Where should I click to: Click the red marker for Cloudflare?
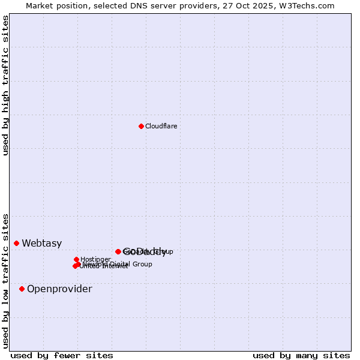point(141,126)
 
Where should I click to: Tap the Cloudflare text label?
point(161,126)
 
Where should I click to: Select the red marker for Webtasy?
point(17,243)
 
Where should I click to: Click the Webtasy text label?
point(41,243)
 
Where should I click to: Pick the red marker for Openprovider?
point(22,289)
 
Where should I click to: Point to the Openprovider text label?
point(59,289)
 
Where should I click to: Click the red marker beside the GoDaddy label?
point(118,251)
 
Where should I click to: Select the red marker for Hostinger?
point(76,259)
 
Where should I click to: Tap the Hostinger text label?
point(95,259)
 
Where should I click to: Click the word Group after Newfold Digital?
point(142,264)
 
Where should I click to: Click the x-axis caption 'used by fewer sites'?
point(62,355)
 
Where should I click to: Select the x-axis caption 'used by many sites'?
point(301,355)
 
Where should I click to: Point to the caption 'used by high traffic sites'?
point(6,85)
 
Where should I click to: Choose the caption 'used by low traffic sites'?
point(6,280)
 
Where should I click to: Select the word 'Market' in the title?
point(40,5)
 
